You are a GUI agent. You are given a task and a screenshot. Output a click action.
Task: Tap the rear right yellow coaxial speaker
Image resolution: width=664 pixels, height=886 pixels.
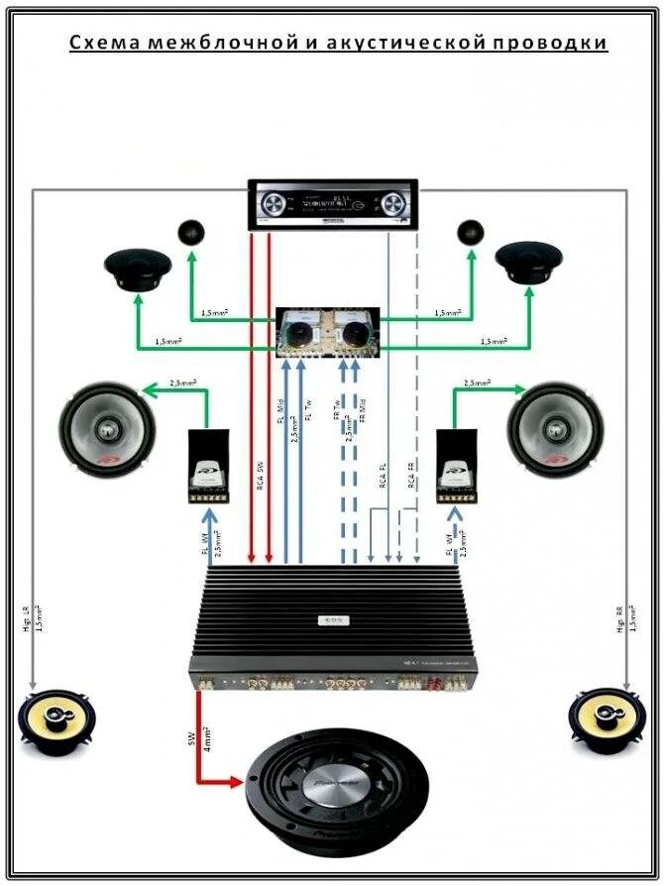click(x=607, y=719)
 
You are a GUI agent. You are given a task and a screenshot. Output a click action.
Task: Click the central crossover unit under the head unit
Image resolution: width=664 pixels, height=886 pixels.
click(x=328, y=331)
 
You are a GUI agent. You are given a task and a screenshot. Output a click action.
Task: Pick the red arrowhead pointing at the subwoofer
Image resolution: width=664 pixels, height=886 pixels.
click(x=238, y=782)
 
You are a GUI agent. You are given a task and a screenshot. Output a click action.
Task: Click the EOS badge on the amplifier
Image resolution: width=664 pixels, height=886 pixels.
click(x=329, y=621)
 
